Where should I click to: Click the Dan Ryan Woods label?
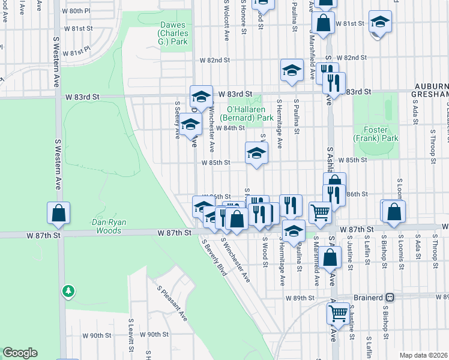coord(110,226)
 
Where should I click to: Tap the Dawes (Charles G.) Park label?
coord(173,34)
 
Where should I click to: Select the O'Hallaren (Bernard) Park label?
coord(246,114)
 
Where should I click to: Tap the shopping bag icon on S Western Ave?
coord(59,213)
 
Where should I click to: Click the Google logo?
coord(20,353)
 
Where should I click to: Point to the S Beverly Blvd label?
coord(214,258)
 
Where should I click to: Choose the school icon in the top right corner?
coord(380,22)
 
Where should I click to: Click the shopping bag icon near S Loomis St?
coord(394,212)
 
